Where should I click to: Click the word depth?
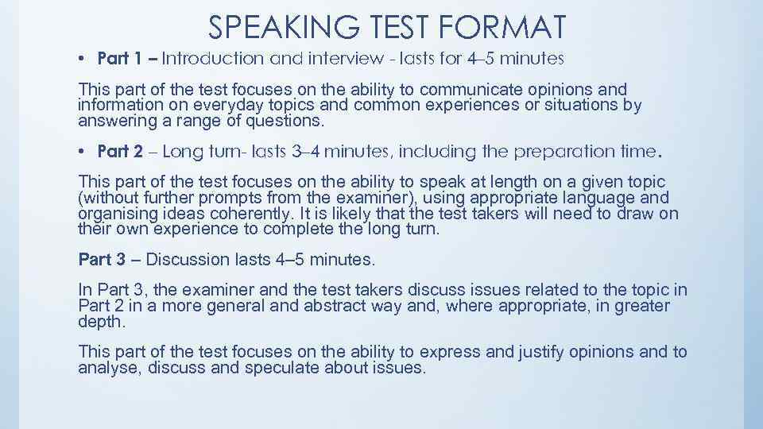pyautogui.click(x=99, y=321)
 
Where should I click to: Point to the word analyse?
pyautogui.click(x=105, y=368)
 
